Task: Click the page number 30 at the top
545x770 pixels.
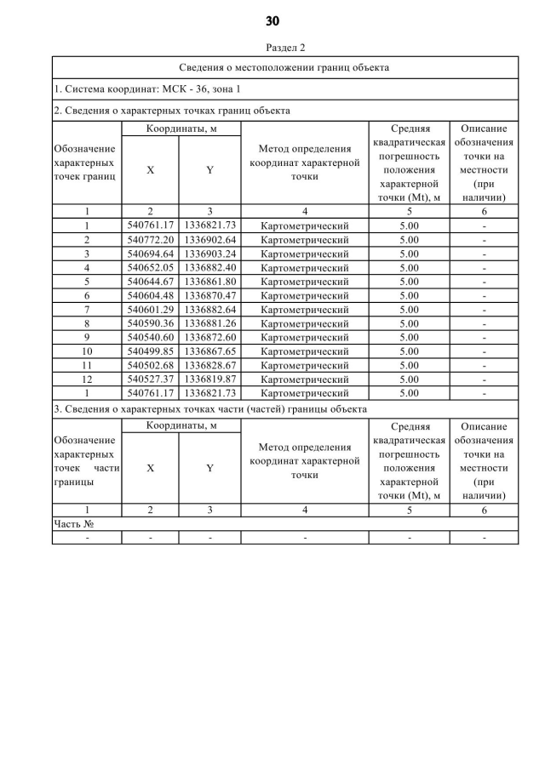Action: [272, 20]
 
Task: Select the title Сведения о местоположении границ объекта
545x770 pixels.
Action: [285, 67]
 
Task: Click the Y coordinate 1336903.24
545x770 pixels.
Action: [209, 254]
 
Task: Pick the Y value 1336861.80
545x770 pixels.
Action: [209, 282]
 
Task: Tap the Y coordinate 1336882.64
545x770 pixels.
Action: [209, 310]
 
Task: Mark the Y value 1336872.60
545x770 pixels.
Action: [209, 337]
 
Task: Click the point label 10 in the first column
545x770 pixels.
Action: [87, 351]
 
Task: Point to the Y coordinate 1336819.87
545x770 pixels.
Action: [209, 379]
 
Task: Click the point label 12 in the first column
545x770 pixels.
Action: [87, 379]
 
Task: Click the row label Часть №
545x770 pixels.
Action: [73, 524]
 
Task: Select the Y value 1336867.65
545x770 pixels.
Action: [209, 351]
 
